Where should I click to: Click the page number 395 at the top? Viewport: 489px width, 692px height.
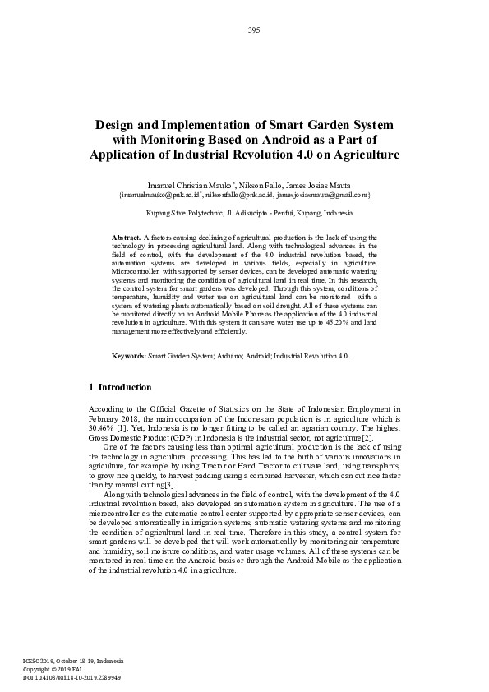pyautogui.click(x=254, y=30)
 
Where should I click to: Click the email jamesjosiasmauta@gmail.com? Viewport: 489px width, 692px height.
pyautogui.click(x=321, y=195)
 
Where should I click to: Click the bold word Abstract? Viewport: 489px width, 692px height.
pyautogui.click(x=126, y=237)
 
